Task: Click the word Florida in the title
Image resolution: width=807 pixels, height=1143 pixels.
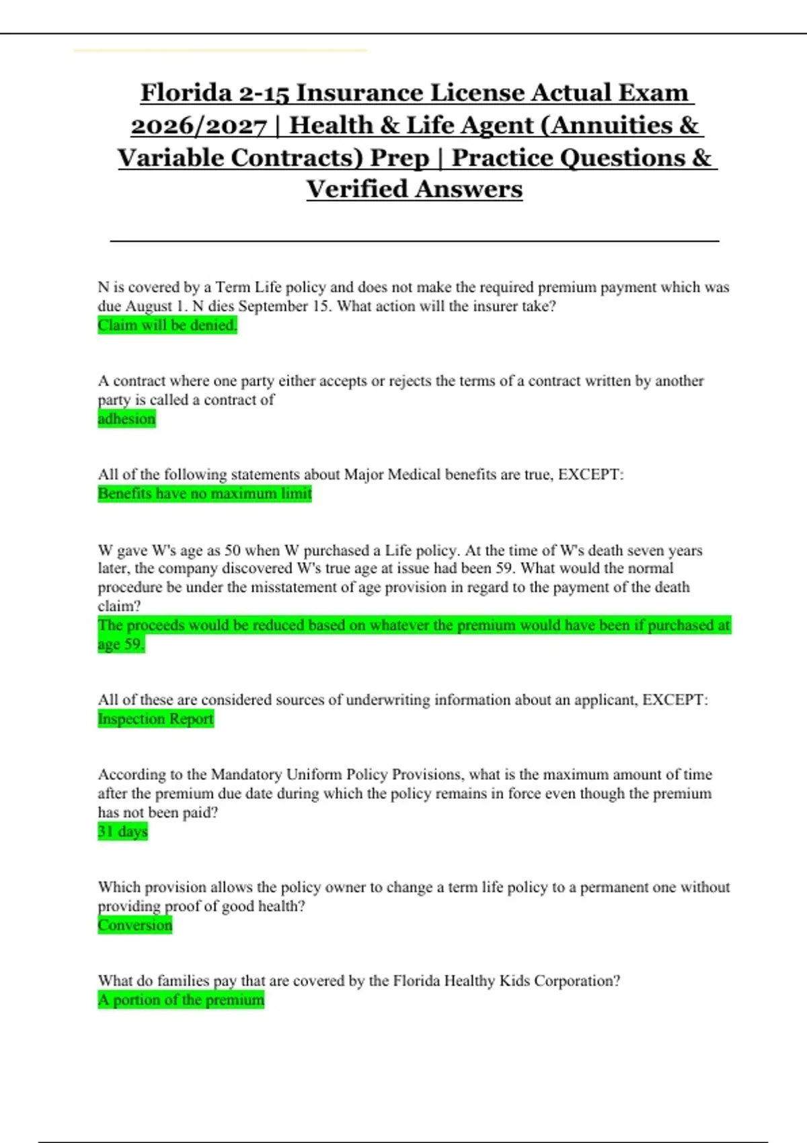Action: (185, 93)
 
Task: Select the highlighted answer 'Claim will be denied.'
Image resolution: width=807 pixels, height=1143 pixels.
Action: (167, 325)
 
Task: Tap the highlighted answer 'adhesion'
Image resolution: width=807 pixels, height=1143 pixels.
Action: (126, 419)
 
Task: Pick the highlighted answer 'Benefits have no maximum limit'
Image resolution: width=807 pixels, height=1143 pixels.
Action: (204, 494)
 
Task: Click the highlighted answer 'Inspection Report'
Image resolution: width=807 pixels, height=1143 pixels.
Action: (155, 719)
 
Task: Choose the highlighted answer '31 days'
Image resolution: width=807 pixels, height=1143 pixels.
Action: (122, 832)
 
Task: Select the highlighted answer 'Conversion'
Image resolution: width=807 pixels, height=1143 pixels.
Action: (134, 925)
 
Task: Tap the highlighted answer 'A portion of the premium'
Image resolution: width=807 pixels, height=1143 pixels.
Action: (181, 1000)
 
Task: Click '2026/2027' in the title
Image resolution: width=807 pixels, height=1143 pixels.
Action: (198, 126)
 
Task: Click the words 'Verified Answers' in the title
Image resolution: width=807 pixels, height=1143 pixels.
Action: (414, 190)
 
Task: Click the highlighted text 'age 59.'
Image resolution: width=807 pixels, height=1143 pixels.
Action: (121, 644)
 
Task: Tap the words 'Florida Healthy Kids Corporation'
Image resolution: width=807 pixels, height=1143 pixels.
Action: (505, 981)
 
